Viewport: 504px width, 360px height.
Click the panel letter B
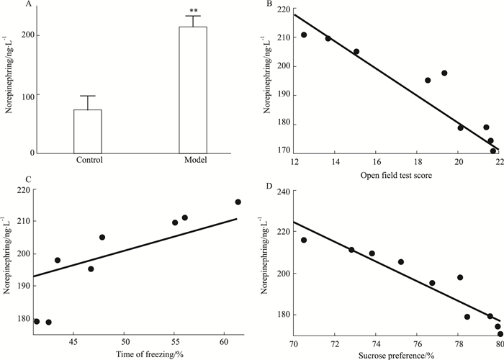coord(269,4)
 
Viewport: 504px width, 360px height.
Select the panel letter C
coord(6,180)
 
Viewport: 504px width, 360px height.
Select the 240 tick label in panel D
coord(285,192)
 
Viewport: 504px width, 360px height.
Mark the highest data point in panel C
coord(238,202)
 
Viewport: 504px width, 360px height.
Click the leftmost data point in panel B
coord(304,35)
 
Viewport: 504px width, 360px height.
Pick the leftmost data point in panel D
coord(304,240)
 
